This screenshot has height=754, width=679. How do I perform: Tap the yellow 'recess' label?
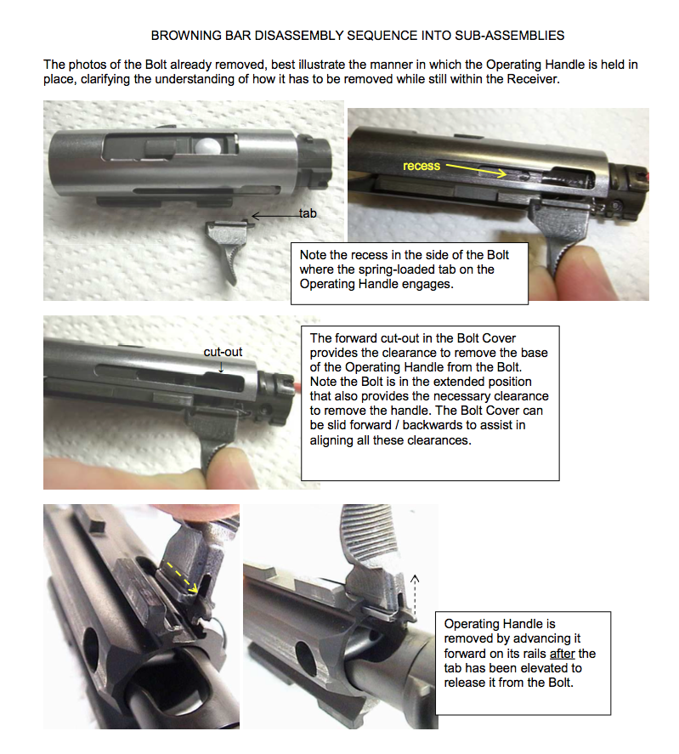pos(422,166)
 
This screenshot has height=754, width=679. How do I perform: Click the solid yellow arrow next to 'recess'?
pos(476,169)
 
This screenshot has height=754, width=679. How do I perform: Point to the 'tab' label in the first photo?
pos(308,213)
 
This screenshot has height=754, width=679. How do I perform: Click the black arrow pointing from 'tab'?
pos(275,216)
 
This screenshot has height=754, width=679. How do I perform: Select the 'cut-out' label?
pos(224,352)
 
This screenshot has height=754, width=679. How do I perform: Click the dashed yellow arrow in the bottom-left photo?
pos(181,577)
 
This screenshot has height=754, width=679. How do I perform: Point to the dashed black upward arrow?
pos(415,598)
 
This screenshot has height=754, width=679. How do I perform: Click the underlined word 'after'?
pos(562,654)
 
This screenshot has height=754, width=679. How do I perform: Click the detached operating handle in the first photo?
pos(225,249)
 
